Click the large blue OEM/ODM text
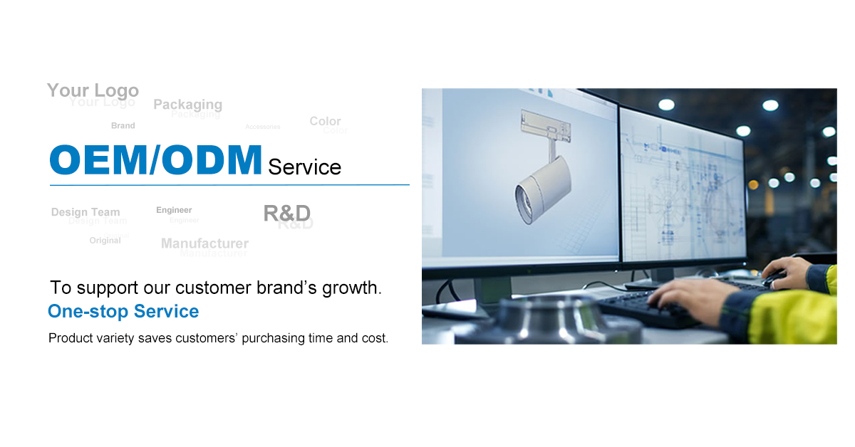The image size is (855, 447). (x=155, y=160)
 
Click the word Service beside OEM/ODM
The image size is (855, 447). (x=304, y=167)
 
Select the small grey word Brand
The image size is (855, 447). (x=123, y=126)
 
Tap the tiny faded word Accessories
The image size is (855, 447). (x=263, y=127)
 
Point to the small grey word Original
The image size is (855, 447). (x=105, y=241)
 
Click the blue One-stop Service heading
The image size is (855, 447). (x=123, y=312)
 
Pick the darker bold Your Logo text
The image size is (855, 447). (x=93, y=90)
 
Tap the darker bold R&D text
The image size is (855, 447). (x=286, y=212)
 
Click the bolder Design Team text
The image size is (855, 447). (x=85, y=212)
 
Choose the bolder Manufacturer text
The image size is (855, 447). (x=204, y=243)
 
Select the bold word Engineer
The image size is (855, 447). (x=174, y=210)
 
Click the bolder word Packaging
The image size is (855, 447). (x=187, y=105)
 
